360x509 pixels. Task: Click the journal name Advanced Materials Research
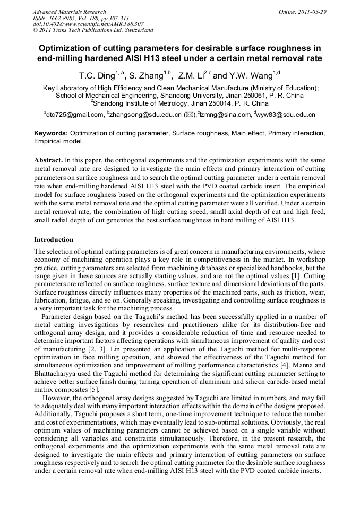click(x=69, y=12)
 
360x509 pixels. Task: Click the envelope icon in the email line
click(x=189, y=115)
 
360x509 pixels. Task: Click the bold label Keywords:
click(x=51, y=133)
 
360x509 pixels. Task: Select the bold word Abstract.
click(x=48, y=160)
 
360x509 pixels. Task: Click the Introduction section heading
click(x=54, y=240)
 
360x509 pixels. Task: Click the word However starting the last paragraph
click(x=57, y=398)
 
